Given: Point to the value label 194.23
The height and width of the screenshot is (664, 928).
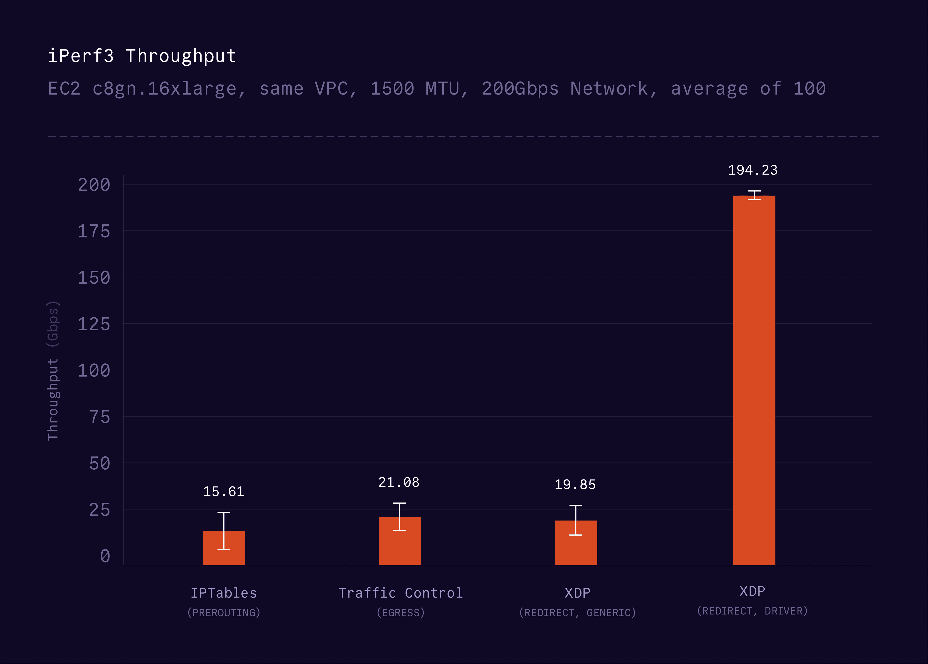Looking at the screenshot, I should click(753, 170).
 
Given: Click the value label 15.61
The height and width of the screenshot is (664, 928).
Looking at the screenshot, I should click(224, 491).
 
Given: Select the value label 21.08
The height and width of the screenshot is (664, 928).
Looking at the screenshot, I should click(399, 482).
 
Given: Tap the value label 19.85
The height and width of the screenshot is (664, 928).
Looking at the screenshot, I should click(575, 485).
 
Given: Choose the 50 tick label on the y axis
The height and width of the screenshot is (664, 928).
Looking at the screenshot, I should click(100, 464).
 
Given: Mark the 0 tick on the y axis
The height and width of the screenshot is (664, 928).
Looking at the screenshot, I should click(105, 556).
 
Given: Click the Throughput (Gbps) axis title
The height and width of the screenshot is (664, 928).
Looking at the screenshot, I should click(53, 370).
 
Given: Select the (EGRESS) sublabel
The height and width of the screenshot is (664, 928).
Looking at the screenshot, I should click(400, 612).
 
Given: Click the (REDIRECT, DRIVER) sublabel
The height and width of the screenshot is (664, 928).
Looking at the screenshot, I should click(752, 611).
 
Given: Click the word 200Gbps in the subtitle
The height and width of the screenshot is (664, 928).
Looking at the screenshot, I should click(520, 89).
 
